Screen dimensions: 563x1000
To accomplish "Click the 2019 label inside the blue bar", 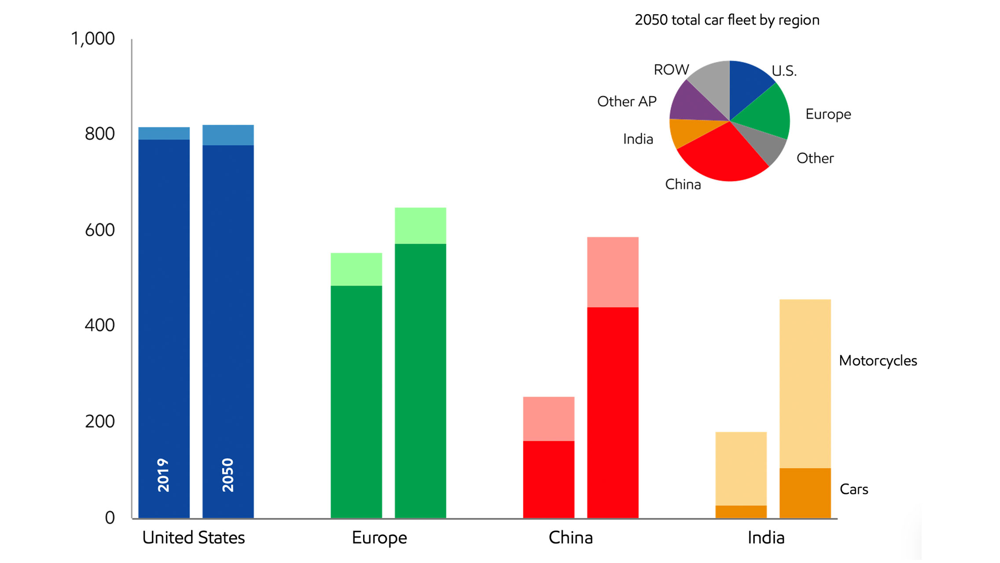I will pos(163,475).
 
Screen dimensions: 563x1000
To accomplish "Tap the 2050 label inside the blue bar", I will pos(228,475).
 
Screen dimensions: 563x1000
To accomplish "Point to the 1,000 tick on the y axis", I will pos(92,39).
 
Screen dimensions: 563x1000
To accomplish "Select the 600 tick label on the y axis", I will pos(99,230).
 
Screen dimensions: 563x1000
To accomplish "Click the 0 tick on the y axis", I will pos(110,518).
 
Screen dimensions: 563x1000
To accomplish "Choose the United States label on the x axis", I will pos(193,538).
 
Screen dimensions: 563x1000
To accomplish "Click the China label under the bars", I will pos(570,538).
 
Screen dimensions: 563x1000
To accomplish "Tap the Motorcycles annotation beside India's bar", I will pos(878,361).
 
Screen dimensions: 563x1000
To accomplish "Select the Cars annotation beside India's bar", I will pos(853,489).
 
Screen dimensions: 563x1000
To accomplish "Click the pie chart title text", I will pos(727,20).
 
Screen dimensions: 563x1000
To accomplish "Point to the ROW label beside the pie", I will pos(671,70).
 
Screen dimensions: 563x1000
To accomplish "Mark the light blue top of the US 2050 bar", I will pos(228,135).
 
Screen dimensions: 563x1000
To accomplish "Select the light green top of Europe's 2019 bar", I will pos(356,269).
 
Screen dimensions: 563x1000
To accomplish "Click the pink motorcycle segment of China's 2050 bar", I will pos(613,272).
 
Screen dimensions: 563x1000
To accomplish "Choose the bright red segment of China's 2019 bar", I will pos(548,479).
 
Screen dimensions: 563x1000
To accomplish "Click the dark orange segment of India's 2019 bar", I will pos(741,511).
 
